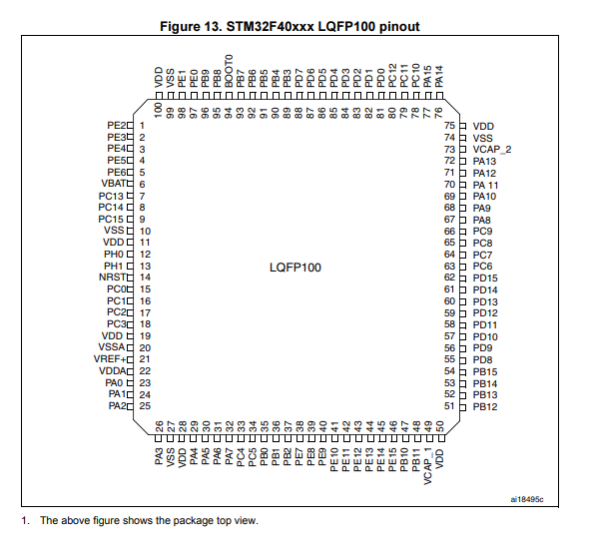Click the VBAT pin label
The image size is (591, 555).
[114, 184]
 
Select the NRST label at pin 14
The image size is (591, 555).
[113, 277]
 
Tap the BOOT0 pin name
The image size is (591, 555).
[229, 71]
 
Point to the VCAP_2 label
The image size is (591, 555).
[492, 150]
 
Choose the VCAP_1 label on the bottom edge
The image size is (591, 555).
[428, 466]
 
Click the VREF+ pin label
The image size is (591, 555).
[110, 359]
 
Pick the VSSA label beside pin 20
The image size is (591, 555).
[112, 347]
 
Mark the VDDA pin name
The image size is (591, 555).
[113, 371]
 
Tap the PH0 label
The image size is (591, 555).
[114, 255]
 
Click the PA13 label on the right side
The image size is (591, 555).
[484, 162]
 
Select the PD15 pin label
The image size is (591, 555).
[485, 278]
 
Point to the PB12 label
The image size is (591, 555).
[485, 406]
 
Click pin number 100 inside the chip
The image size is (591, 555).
[159, 110]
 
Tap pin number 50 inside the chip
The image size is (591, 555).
[439, 427]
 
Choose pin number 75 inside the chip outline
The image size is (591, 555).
[449, 126]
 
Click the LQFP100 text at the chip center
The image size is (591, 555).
[295, 268]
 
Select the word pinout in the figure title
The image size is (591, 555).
[399, 27]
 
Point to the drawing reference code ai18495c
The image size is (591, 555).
[527, 500]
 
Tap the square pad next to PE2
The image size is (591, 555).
[130, 126]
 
